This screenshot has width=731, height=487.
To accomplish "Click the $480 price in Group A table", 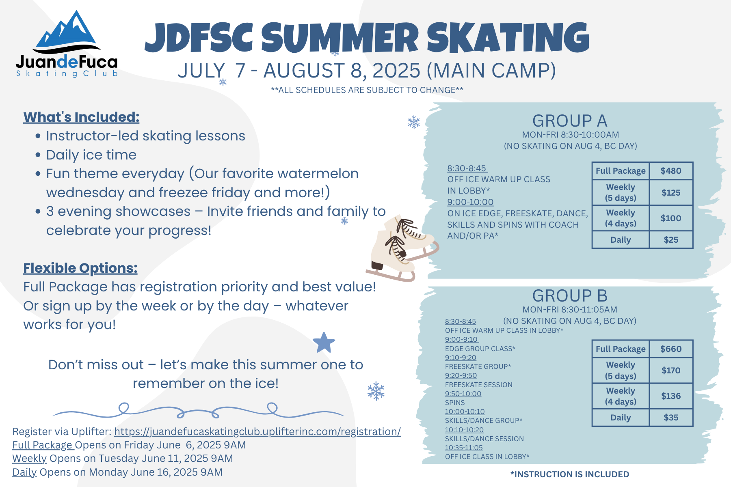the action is click(671, 171).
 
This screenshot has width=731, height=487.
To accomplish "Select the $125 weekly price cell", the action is click(671, 193).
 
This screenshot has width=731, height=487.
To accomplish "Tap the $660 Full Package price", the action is click(671, 349).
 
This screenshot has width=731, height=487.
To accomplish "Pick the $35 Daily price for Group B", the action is click(671, 418).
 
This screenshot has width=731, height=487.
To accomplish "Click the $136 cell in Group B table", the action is click(671, 396).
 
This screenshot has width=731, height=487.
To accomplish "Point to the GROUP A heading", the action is click(570, 121).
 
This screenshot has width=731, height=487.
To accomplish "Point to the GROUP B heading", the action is click(570, 296).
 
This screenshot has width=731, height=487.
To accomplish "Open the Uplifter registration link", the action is click(257, 431).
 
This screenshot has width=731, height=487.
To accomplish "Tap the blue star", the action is click(324, 343).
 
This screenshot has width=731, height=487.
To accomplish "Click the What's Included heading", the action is click(81, 117).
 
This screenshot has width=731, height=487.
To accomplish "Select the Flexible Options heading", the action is click(80, 268).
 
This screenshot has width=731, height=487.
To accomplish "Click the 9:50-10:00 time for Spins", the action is click(463, 394).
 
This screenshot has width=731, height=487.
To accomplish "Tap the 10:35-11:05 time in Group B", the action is click(464, 448).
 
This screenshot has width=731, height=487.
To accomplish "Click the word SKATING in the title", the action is click(508, 37).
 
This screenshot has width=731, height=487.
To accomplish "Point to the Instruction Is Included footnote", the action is click(570, 474).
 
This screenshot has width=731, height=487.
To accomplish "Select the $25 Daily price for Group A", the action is click(671, 240).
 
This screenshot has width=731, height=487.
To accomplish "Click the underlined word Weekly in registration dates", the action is click(29, 459).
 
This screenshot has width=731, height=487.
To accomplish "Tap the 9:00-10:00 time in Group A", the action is click(470, 202).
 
